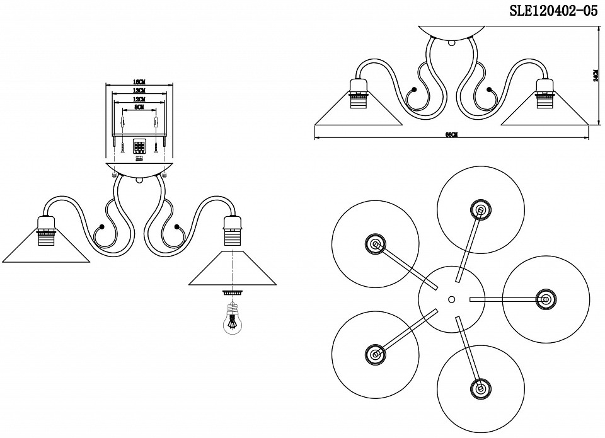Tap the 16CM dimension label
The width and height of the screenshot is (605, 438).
[139, 82]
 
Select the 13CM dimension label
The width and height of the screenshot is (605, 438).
[139, 91]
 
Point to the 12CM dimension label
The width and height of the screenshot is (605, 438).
[139, 100]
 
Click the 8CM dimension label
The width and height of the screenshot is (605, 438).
[139, 108]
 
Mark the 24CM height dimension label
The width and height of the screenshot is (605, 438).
[596, 76]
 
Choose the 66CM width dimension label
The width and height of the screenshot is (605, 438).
[451, 134]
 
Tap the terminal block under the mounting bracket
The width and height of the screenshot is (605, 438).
[139, 147]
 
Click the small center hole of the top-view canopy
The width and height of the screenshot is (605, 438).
[451, 298]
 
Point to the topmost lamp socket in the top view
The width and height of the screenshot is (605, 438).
[480, 210]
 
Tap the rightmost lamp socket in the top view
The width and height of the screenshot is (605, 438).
[543, 298]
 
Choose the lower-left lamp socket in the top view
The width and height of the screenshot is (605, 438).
[376, 354]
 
